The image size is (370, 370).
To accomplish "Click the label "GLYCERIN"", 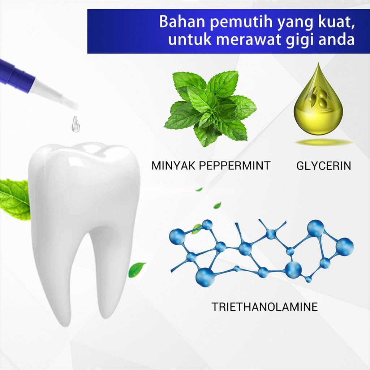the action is [324, 165].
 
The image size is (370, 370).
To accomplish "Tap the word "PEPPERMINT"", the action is [235, 165].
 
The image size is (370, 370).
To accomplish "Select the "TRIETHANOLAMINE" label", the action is [264, 307].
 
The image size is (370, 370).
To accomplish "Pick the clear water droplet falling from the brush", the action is [76, 124].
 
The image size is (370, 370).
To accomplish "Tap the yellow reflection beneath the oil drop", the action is [324, 142].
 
